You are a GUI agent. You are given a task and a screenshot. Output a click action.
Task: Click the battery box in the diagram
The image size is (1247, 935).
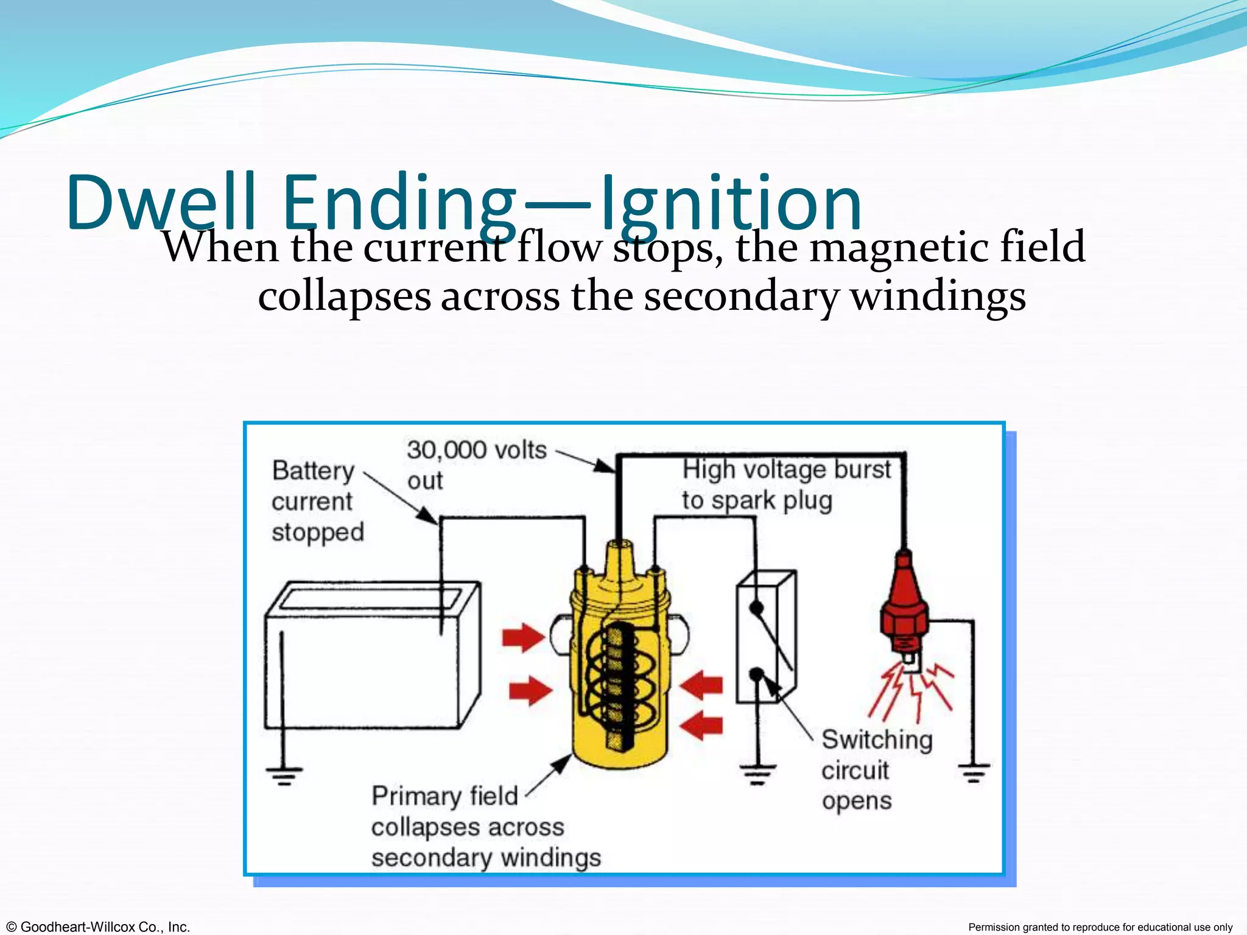pos(371,657)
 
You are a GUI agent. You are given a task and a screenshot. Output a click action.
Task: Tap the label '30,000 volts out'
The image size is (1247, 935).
pos(476,465)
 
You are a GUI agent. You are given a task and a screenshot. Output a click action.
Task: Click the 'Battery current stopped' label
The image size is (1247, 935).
pos(317,501)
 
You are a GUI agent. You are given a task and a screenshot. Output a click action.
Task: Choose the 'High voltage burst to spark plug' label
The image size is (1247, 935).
pos(785,485)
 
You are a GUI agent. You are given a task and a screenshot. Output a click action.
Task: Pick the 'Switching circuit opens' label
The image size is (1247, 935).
pos(876,770)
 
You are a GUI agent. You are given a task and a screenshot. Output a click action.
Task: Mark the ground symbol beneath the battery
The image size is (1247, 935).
pos(284,776)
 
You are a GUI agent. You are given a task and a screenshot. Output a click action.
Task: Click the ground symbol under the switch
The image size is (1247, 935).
pos(758,775)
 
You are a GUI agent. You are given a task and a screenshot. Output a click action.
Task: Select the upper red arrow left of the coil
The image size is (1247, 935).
pos(523,638)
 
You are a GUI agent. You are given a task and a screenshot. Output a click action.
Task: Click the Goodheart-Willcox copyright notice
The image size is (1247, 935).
pos(96,926)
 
